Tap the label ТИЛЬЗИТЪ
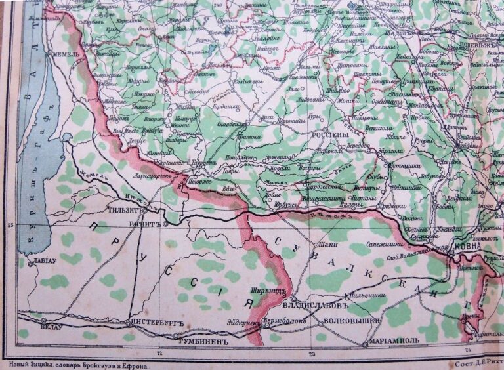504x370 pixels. point(125,211)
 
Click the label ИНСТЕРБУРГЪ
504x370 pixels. point(153,323)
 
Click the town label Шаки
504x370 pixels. point(327,245)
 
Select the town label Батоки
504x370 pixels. point(249,138)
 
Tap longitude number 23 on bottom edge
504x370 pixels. point(312,354)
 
